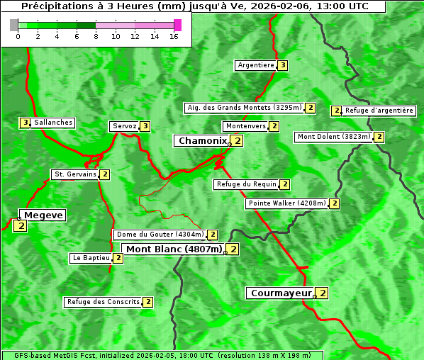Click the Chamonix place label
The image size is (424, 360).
tap(202, 141)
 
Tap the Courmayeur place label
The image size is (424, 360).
tap(281, 293)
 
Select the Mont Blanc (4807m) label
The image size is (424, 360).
tap(174, 249)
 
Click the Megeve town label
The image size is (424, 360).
tap(43, 215)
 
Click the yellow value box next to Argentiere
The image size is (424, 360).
tap(282, 65)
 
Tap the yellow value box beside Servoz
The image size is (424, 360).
tap(145, 126)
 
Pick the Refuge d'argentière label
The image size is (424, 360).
tap(379, 111)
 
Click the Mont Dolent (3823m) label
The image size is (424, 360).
tap(333, 137)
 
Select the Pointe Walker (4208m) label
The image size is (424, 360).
tap(287, 203)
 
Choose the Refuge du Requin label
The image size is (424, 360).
tap(245, 184)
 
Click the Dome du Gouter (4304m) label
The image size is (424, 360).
tap(160, 235)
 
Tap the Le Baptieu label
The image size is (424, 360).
tap(91, 258)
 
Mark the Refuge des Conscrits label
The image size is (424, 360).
tap(103, 302)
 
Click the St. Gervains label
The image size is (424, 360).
tap(74, 174)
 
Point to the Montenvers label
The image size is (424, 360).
tap(245, 126)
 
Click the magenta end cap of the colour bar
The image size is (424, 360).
tap(177, 25)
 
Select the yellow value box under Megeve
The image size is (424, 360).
tap(20, 226)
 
